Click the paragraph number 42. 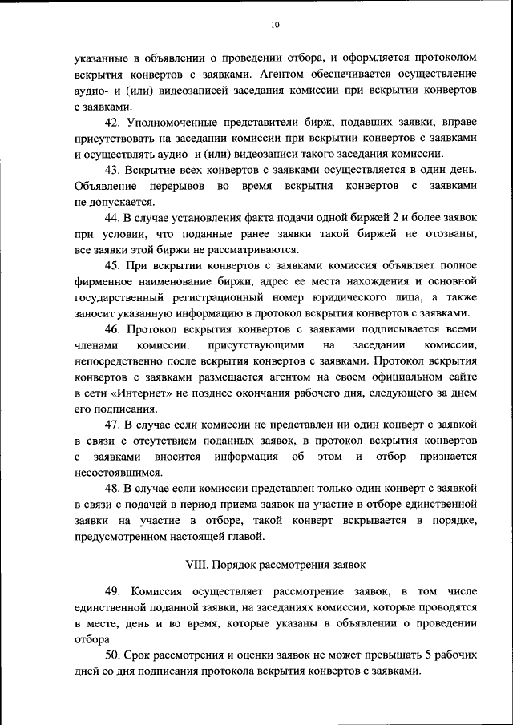click(112, 122)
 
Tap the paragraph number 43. click(112, 170)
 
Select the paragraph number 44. click(112, 218)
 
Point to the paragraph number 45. click(112, 265)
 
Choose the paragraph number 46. click(112, 329)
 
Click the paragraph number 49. click(112, 591)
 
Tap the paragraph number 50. click(112, 655)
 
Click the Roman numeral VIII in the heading click(196, 564)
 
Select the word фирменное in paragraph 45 click(106, 281)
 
